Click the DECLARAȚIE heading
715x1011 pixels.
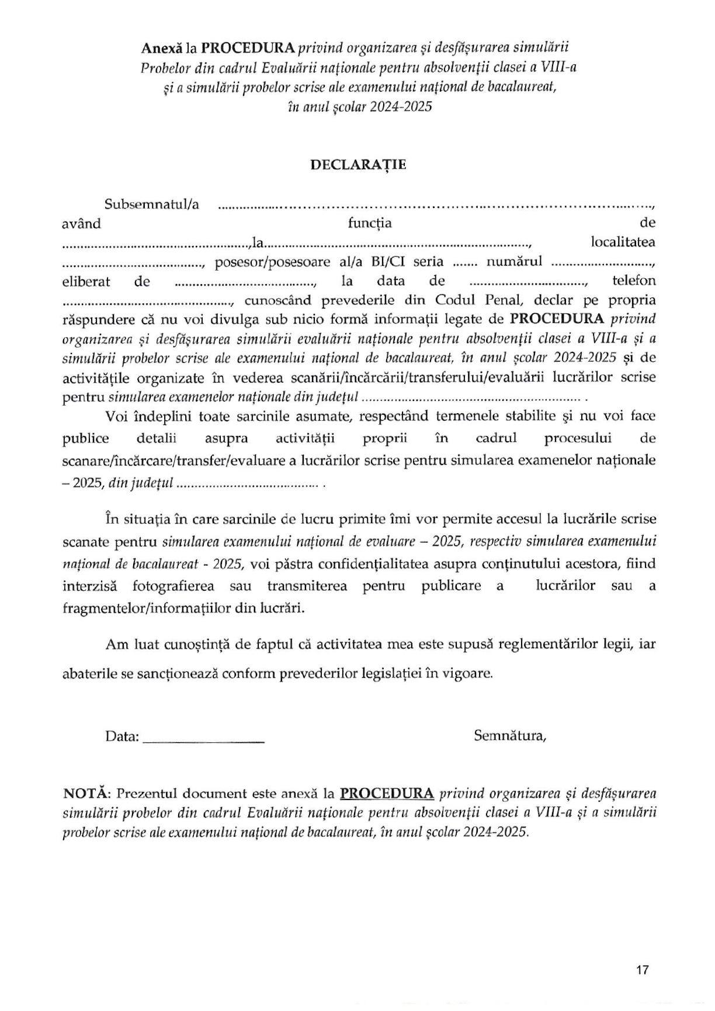[x=357, y=165]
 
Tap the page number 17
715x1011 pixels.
[x=642, y=970]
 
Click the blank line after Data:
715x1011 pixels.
[x=203, y=738]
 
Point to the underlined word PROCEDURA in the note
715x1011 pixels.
[x=387, y=794]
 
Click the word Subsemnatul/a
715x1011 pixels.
[x=151, y=205]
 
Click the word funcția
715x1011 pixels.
[x=370, y=223]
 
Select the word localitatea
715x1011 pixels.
[x=623, y=242]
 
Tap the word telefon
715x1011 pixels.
[x=634, y=281]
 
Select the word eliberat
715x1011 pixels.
[x=86, y=281]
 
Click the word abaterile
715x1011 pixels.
[x=89, y=673]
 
